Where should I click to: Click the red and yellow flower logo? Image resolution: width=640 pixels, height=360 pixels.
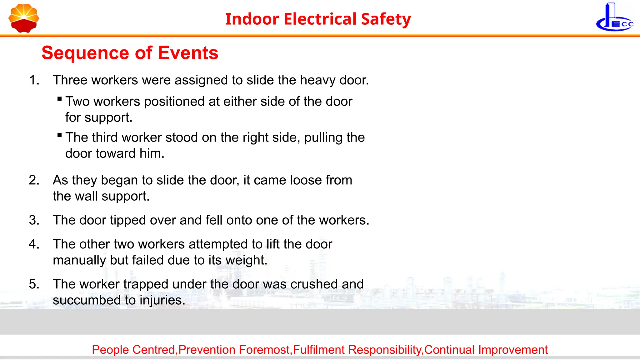[24, 18]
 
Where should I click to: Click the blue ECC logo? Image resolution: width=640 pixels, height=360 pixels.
[614, 18]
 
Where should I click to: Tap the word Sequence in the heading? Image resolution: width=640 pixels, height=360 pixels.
[85, 53]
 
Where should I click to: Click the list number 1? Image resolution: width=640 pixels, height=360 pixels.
[34, 80]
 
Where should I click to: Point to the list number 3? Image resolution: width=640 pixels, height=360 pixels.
[34, 220]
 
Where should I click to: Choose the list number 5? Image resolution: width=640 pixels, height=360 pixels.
[34, 284]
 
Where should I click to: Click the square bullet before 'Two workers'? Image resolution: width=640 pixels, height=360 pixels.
[60, 99]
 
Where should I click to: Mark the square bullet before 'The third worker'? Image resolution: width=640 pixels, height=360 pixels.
[60, 135]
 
